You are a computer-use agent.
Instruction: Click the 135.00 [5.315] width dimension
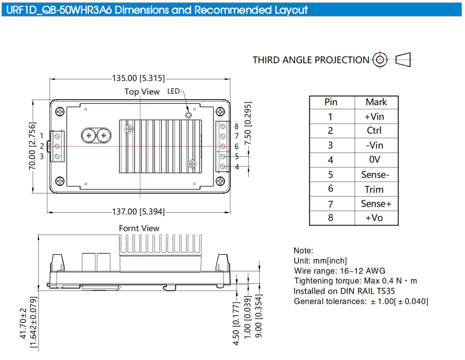coord(138,78)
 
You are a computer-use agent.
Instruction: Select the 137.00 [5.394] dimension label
coord(138,212)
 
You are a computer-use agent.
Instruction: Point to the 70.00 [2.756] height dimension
coord(32,146)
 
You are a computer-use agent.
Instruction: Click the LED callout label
coord(174,91)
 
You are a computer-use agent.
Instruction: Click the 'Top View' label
coord(142,92)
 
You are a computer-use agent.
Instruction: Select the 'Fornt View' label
coord(139,228)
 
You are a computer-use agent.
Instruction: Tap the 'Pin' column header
coord(331,102)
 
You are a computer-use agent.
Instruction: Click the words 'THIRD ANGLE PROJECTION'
coord(311,60)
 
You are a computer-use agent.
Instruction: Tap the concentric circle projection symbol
coord(380,60)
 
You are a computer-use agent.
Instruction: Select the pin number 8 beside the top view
coord(236,127)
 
